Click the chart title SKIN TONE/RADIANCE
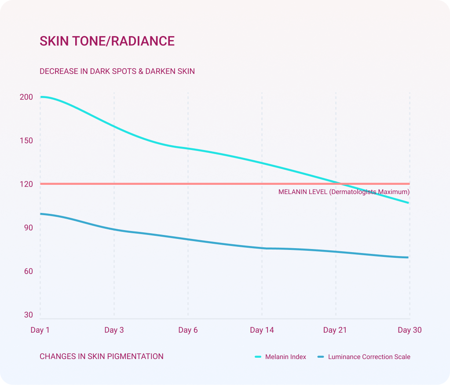coord(107,41)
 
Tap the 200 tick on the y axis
coord(26,97)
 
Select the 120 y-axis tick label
coord(26,184)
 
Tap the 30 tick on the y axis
coord(28,315)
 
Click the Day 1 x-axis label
coord(40,330)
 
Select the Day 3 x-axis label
coord(114,330)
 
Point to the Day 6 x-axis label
coord(188,330)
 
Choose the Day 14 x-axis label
coord(262,330)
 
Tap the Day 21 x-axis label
coord(336,330)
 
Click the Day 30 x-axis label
coord(410,330)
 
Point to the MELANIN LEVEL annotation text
coord(344,192)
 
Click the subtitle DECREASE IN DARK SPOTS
coord(117,71)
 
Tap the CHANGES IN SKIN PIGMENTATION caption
coord(102,356)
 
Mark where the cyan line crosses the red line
coord(341,183)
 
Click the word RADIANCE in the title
coord(143,41)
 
